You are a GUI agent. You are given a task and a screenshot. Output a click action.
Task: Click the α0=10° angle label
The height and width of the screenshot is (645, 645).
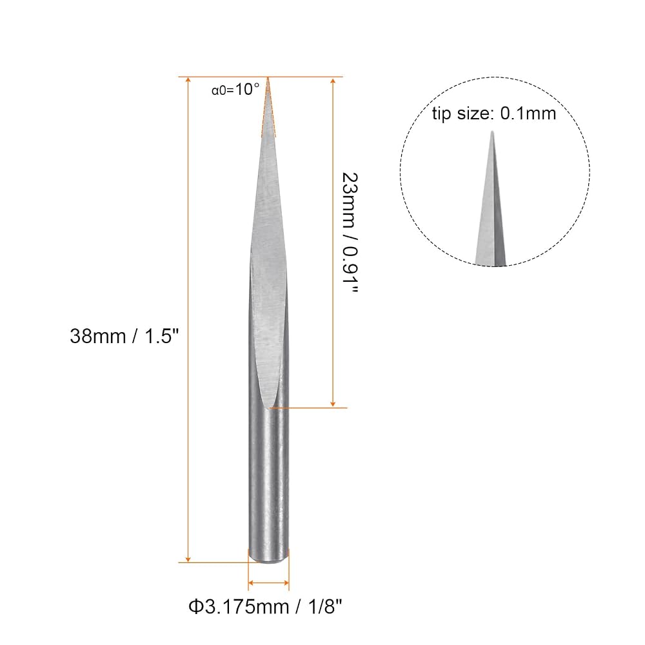(x=235, y=89)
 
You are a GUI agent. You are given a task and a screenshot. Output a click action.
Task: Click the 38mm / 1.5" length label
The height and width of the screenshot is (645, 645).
(x=124, y=336)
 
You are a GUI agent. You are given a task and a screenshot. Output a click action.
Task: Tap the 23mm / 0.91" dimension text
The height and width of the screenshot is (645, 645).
(x=350, y=233)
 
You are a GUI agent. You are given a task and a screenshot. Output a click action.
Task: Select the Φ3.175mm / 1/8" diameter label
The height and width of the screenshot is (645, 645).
(x=265, y=607)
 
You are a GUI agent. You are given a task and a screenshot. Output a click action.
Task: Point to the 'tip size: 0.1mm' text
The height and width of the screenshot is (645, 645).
(x=493, y=114)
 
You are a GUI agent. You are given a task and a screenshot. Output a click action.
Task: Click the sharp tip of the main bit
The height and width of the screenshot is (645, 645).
(x=268, y=78)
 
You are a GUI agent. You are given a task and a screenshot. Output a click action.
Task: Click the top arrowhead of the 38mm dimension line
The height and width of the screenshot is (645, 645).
(x=188, y=81)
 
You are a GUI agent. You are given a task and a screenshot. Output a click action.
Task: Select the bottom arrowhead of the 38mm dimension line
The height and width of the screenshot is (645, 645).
(x=188, y=558)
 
